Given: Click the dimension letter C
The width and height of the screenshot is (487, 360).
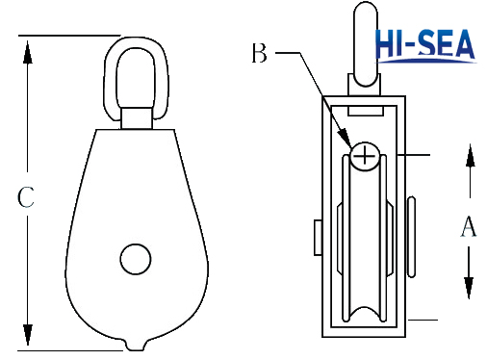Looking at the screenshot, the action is (26, 196).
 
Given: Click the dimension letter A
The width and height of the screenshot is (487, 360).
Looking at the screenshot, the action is (469, 226).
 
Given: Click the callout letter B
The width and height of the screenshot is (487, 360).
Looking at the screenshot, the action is (259, 53).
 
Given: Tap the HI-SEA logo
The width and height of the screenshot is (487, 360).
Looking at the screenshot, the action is (425, 45).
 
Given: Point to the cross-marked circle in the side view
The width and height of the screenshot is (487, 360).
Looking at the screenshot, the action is (365, 157).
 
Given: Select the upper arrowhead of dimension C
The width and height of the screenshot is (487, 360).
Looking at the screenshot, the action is (28, 52).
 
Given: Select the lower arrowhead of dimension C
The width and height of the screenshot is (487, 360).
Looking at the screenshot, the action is (28, 334).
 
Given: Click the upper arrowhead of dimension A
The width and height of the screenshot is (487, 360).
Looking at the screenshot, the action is (470, 156).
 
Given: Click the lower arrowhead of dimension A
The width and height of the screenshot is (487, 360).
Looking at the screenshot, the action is (469, 288).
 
